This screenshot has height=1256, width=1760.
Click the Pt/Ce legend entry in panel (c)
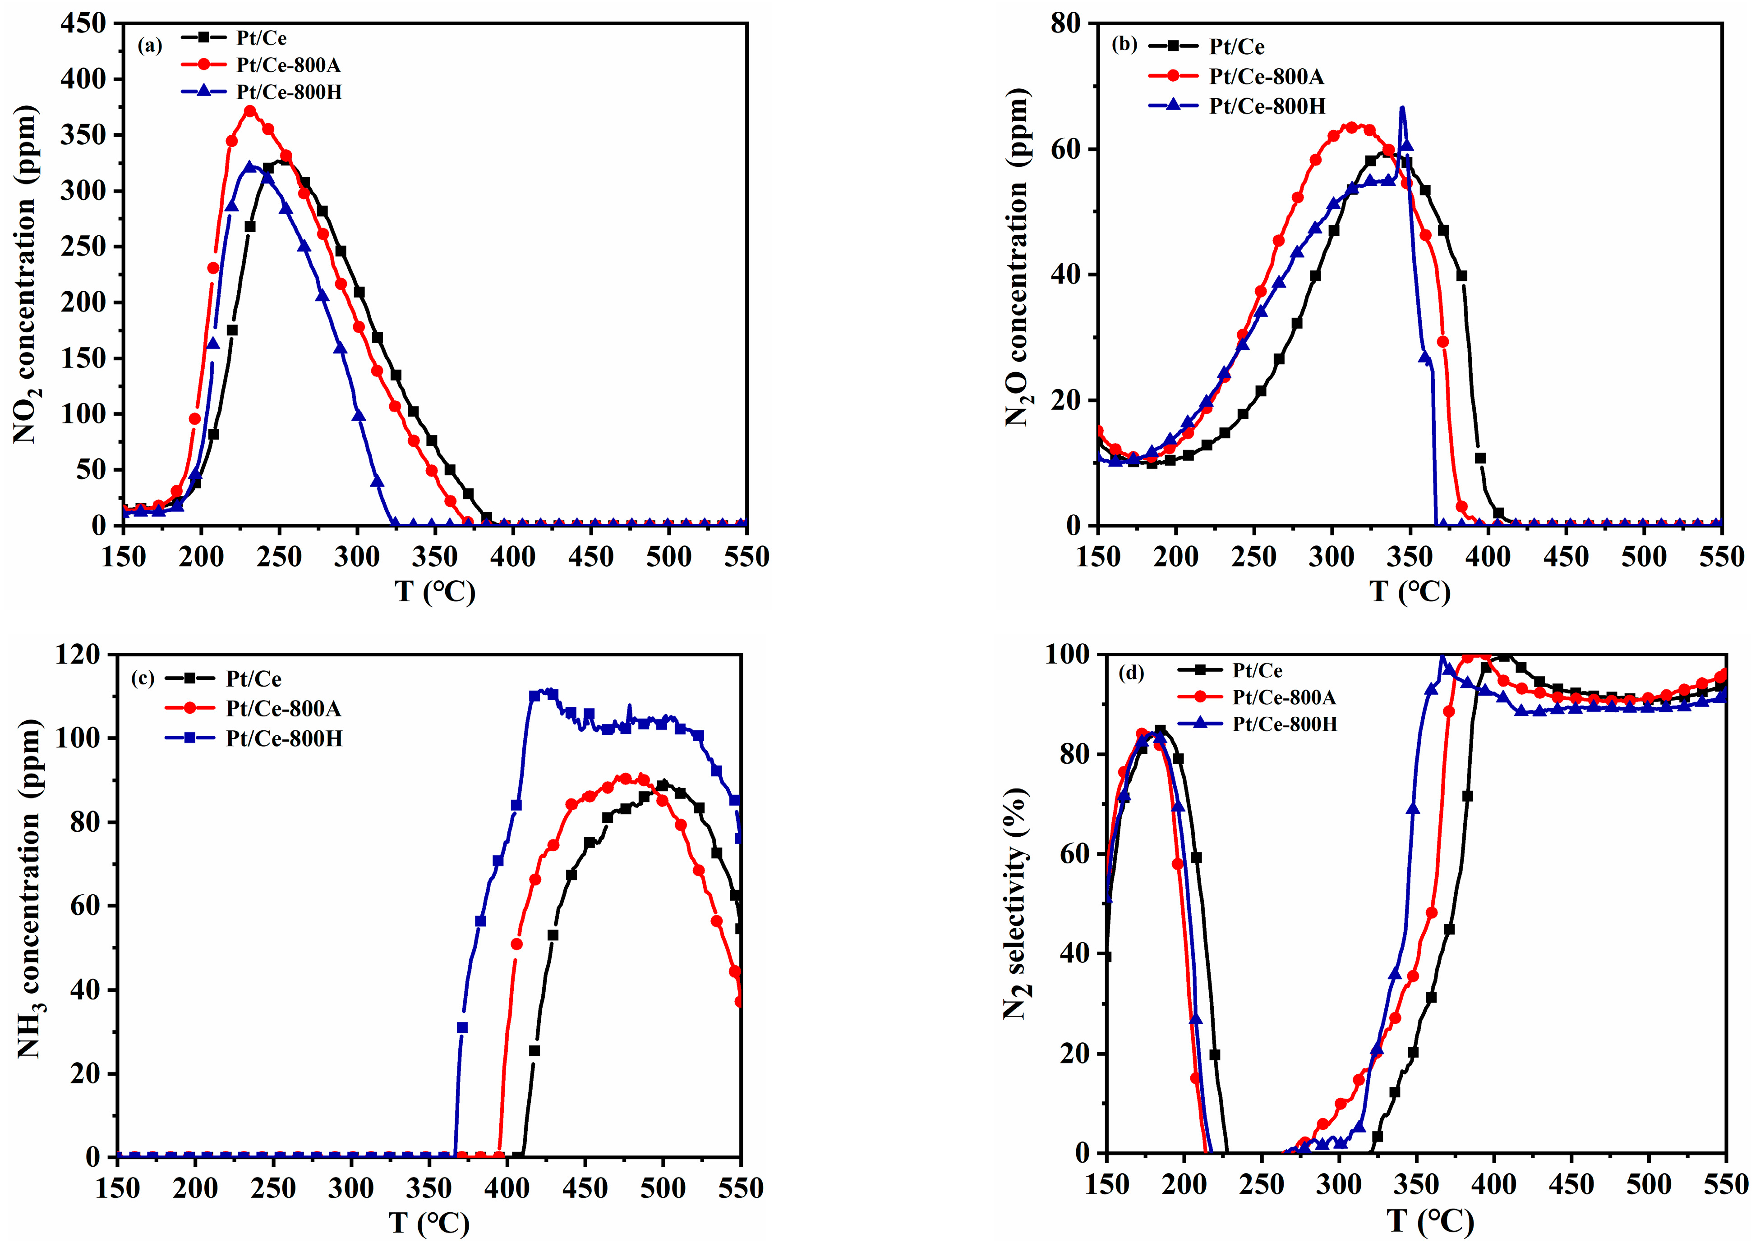point(253,679)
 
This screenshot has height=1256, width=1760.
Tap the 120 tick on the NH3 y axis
point(78,655)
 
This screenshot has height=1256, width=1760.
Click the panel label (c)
point(143,678)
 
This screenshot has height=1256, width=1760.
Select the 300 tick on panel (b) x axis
point(1332,557)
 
